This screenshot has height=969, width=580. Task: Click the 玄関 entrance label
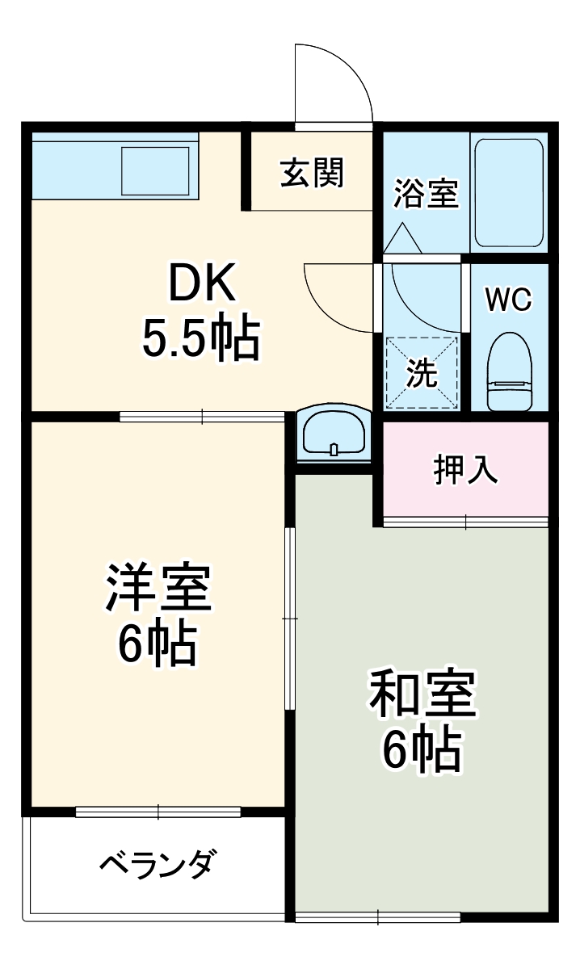click(312, 173)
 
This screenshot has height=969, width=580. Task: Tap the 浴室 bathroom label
click(426, 194)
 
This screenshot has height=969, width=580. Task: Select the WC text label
click(509, 300)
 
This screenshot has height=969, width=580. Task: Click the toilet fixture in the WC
click(510, 370)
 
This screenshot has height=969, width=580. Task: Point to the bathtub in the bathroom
click(508, 193)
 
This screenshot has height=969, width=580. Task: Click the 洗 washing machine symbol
click(422, 373)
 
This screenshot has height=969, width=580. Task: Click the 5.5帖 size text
click(201, 339)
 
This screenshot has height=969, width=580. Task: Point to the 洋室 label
click(158, 589)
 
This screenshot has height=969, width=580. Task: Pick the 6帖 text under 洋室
click(158, 644)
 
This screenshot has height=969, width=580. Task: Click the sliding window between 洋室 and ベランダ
click(158, 812)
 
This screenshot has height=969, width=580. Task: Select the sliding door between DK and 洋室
click(202, 417)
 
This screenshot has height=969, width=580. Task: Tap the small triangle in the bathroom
click(401, 237)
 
